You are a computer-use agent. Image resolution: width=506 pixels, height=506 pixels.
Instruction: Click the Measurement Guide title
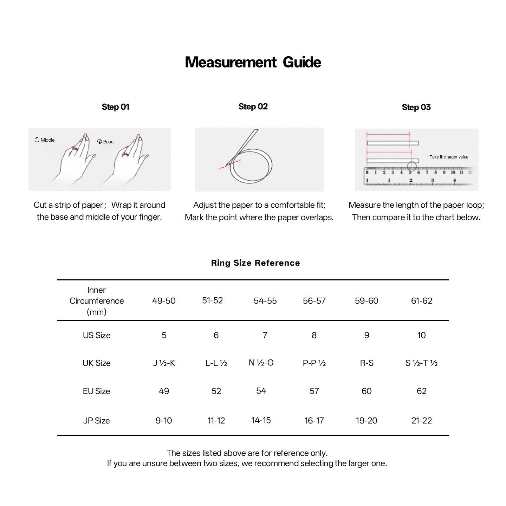[x=253, y=62]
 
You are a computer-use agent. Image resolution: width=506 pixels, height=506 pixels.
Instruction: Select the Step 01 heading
[x=116, y=107]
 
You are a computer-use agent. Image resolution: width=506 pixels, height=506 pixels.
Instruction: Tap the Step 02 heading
[x=253, y=106]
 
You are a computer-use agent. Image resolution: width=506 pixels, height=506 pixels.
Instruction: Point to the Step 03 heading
[x=416, y=107]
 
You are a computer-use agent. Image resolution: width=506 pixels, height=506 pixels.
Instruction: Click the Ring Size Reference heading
[x=255, y=263]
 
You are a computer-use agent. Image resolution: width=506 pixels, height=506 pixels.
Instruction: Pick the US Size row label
[x=97, y=335]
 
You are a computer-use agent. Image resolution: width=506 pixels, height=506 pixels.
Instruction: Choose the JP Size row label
[x=97, y=421]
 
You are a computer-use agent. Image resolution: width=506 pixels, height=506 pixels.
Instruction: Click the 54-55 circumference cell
[x=265, y=301]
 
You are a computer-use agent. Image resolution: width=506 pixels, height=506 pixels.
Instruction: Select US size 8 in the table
[x=314, y=335]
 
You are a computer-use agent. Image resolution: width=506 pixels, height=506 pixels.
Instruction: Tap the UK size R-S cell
[x=366, y=363]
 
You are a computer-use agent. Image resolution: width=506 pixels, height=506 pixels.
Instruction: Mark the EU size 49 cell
[x=164, y=391]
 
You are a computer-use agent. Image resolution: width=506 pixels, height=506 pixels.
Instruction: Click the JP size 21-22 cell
[x=421, y=421]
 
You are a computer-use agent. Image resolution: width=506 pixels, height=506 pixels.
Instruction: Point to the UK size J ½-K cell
[x=164, y=363]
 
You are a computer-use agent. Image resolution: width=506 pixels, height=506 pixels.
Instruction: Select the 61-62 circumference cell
[x=421, y=301]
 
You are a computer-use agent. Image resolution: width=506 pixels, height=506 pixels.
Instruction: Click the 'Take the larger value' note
[x=449, y=157]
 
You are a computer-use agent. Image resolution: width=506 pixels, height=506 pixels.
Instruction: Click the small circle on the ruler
[x=412, y=166]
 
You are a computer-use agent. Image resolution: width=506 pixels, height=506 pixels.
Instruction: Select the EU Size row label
[x=97, y=391]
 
